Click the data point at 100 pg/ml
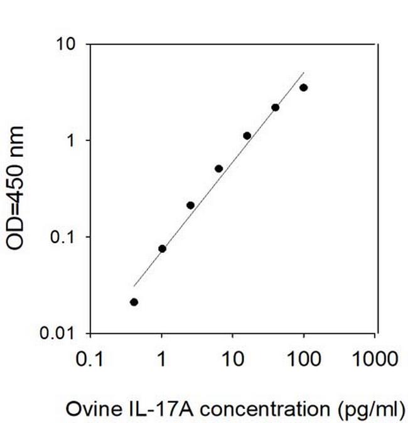(304, 87)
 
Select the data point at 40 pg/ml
(275, 107)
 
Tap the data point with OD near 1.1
(247, 136)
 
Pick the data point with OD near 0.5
(218, 168)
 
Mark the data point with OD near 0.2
(190, 205)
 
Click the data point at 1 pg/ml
(162, 249)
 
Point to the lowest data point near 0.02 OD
(134, 302)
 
